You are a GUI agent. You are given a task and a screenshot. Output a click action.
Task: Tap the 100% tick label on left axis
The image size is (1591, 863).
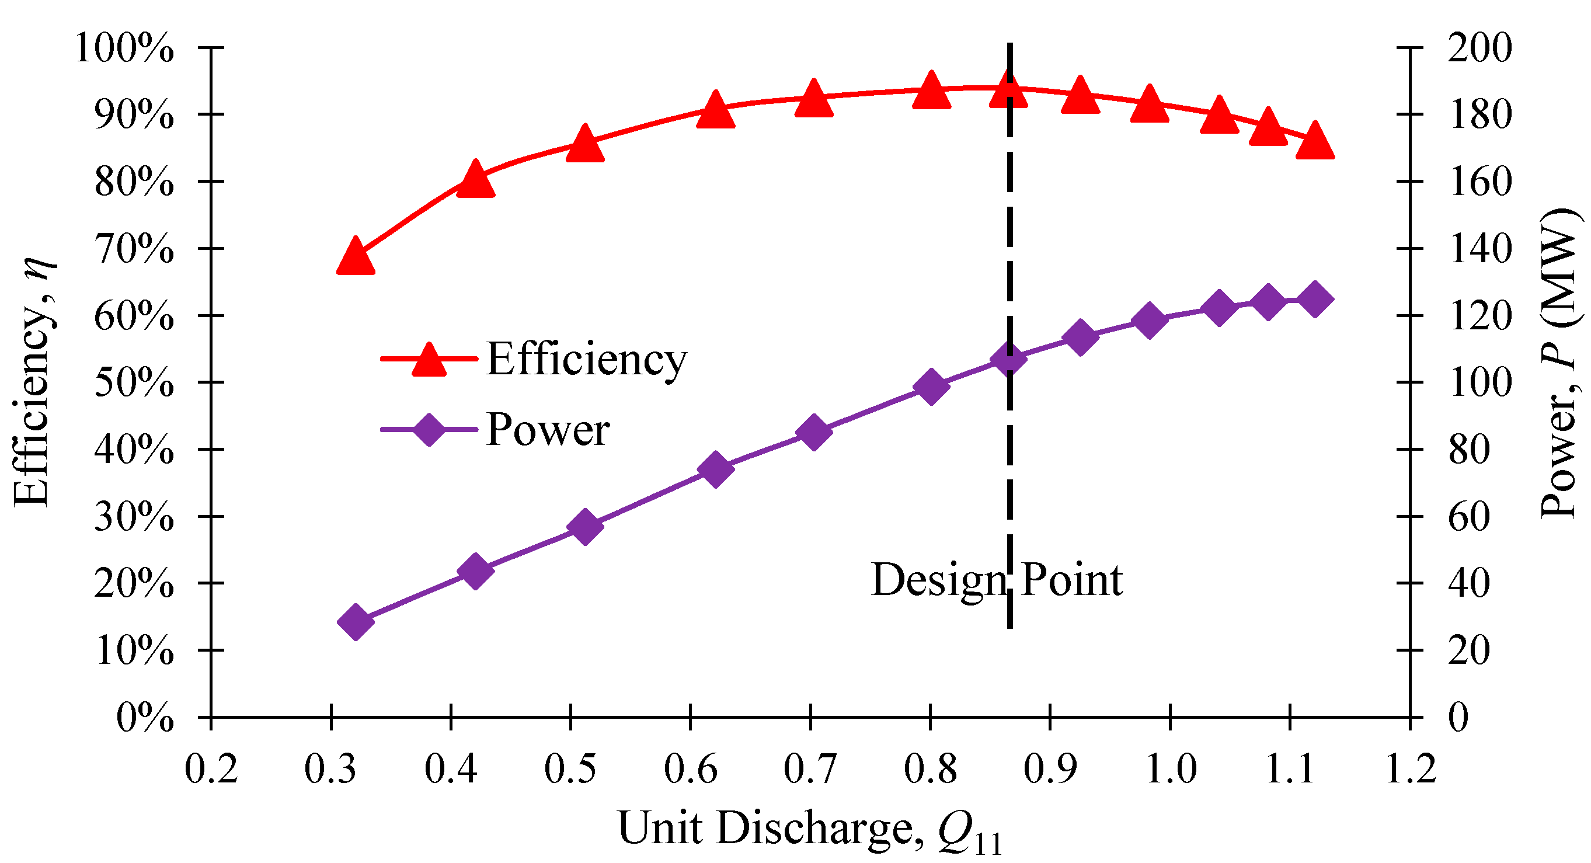coord(124,47)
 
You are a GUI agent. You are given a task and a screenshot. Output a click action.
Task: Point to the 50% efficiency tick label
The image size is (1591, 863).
coord(134,383)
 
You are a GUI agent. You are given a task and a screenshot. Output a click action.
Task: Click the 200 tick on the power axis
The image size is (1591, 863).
coord(1480,47)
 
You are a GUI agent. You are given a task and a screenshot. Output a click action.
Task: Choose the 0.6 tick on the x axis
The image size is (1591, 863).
coord(691,770)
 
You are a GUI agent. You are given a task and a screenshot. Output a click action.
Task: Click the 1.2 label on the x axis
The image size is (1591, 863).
coord(1411,770)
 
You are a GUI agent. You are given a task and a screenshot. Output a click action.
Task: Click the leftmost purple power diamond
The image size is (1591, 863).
coord(356,621)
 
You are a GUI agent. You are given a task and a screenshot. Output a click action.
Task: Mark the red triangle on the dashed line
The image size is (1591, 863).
coord(1008,90)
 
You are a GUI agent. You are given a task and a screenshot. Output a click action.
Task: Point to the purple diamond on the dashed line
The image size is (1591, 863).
coord(1008,359)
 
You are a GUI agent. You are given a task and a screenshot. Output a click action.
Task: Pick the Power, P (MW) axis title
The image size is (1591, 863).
coord(1559,364)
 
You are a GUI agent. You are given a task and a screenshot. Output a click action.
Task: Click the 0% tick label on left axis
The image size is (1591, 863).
coord(145,718)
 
